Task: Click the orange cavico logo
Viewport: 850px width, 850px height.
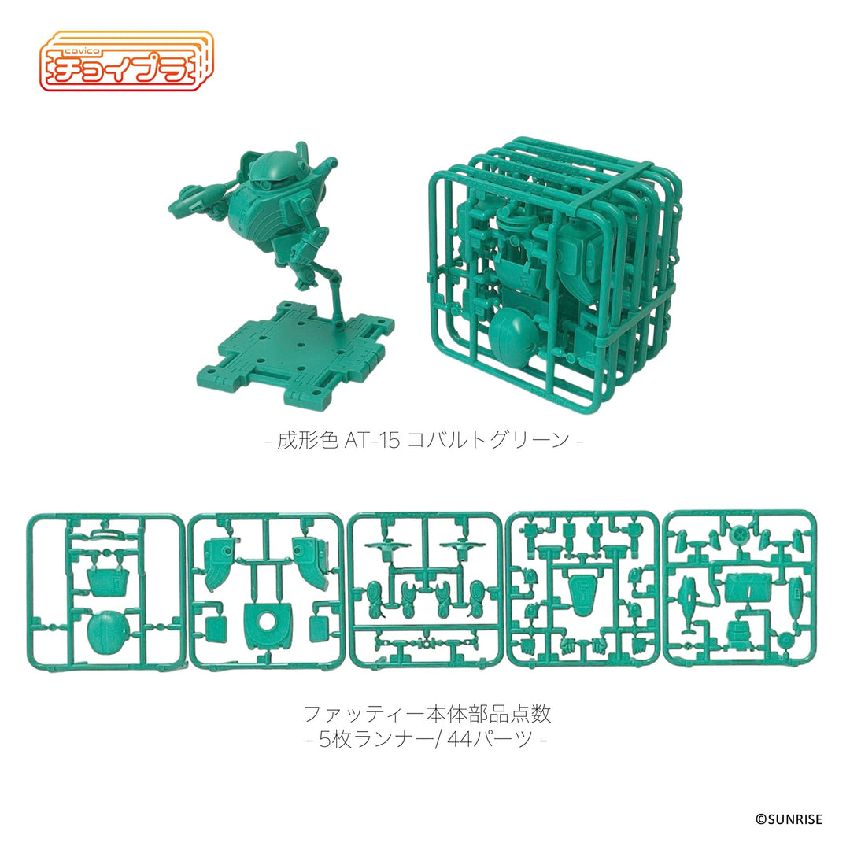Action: click(x=126, y=59)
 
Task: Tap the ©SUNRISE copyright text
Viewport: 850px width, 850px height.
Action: click(x=789, y=819)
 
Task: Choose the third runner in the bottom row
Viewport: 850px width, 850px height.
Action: click(x=424, y=590)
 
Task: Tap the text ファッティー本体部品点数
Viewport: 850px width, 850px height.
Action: click(x=427, y=714)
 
